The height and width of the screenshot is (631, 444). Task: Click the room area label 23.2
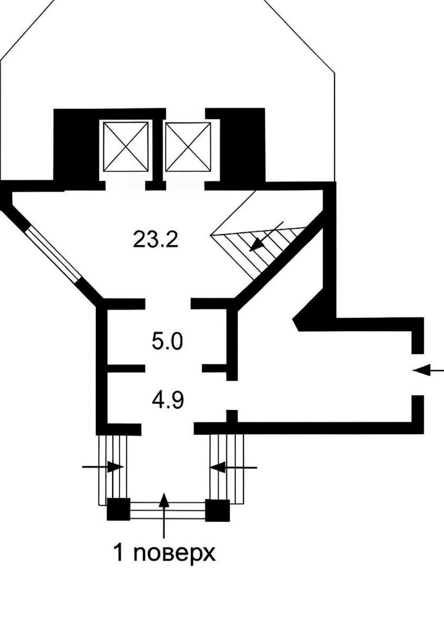point(155,239)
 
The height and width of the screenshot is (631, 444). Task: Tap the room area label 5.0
point(167,341)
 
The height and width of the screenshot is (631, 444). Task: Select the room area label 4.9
point(168,400)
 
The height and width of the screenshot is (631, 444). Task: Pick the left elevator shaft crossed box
point(126,147)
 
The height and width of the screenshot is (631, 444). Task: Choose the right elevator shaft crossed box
point(188,147)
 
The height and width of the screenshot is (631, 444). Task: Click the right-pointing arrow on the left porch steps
point(103,467)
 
